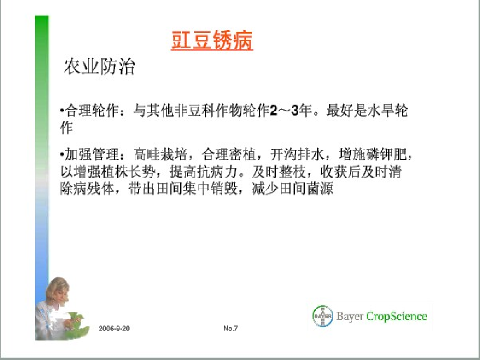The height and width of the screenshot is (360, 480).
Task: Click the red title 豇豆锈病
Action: pyautogui.click(x=212, y=40)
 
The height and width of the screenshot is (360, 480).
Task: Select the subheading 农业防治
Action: pyautogui.click(x=99, y=66)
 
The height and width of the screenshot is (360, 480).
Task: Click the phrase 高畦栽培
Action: pyautogui.click(x=160, y=154)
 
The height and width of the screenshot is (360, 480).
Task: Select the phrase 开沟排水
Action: pyautogui.click(x=297, y=154)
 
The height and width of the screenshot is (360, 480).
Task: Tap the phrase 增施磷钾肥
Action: pyautogui.click(x=373, y=154)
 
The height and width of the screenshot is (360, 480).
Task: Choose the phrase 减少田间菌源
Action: pyautogui.click(x=292, y=189)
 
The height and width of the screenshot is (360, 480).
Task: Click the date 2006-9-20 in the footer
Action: pyautogui.click(x=114, y=328)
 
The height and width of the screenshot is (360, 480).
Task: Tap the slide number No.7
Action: pyautogui.click(x=230, y=328)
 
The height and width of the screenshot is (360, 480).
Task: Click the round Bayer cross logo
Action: pyautogui.click(x=323, y=316)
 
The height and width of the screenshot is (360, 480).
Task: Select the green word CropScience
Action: pyautogui.click(x=396, y=316)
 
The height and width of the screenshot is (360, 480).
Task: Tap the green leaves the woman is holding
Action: pyautogui.click(x=76, y=324)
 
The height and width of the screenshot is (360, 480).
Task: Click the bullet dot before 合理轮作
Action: pyautogui.click(x=62, y=110)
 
